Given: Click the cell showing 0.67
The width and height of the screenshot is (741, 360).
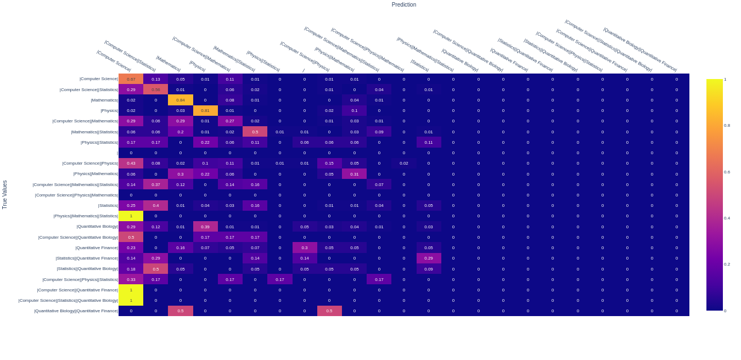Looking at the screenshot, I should [131, 79].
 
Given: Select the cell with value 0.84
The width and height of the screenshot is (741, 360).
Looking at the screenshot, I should [181, 100].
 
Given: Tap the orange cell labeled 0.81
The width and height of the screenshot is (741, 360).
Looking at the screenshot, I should [205, 110].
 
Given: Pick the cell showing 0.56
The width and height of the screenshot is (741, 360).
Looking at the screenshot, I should [156, 89].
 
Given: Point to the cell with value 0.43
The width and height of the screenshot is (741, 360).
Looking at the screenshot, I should [131, 163].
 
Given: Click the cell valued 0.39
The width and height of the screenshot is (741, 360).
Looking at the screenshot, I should [205, 227].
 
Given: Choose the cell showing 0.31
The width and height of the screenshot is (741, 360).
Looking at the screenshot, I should [354, 174].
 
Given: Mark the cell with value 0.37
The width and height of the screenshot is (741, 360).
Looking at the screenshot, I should [156, 184].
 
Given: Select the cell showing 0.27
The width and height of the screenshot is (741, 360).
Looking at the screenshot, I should [230, 121].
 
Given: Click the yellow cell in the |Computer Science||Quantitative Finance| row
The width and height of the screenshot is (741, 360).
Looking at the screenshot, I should [131, 290].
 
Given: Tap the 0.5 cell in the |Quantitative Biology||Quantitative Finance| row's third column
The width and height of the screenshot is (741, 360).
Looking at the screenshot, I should [181, 311].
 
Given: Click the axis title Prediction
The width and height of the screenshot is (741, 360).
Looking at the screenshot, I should [403, 5].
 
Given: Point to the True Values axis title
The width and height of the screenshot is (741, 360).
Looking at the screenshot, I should [5, 195].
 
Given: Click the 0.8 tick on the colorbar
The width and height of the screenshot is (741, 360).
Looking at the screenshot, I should [727, 126].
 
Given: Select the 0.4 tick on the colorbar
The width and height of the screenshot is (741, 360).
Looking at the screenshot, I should [727, 218].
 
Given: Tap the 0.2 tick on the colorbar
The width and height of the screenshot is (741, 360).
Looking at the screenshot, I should [727, 265].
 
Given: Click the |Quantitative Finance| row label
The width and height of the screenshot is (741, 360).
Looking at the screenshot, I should [97, 248].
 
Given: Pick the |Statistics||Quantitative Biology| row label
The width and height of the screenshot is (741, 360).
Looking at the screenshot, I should [87, 269].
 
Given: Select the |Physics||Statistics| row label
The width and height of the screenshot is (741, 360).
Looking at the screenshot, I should [99, 142].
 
